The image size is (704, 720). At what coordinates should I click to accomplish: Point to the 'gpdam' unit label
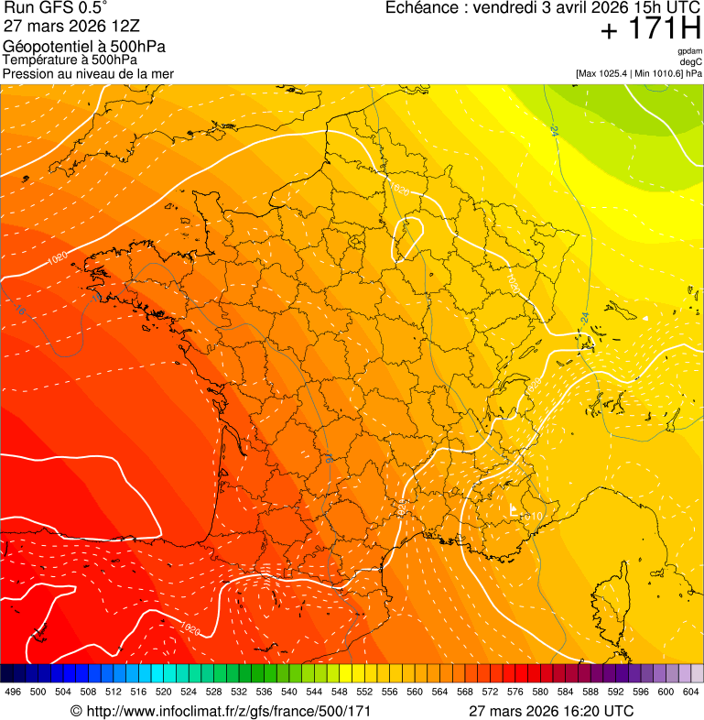[689, 51]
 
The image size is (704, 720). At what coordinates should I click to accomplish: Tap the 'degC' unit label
[691, 61]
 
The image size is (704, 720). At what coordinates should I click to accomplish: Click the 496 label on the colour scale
[12, 692]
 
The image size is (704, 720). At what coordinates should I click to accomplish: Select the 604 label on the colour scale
[690, 692]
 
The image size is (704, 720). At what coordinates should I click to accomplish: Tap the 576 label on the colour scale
[514, 692]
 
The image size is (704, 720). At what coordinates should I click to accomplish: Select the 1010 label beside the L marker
[533, 518]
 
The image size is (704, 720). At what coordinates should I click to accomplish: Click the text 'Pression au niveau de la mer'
[89, 73]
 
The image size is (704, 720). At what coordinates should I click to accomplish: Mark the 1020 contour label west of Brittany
[56, 259]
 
